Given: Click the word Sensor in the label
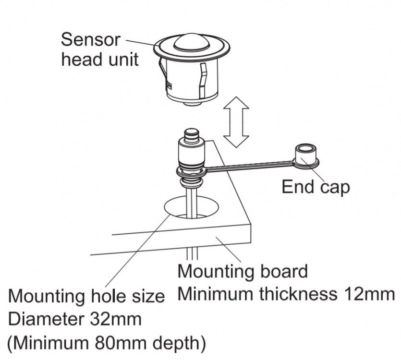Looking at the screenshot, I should coord(90,40).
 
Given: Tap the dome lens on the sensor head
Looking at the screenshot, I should coord(191,44).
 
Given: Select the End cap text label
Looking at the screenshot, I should coord(316,186).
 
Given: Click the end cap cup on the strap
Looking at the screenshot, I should coord(304,155).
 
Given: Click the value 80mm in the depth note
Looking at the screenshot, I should coord(111,343).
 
